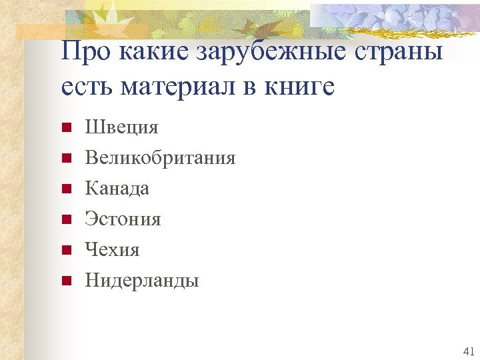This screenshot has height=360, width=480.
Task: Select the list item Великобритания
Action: pyautogui.click(x=160, y=158)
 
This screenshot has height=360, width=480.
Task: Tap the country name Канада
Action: pyautogui.click(x=117, y=189)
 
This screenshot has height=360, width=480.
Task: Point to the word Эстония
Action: pyautogui.click(x=123, y=219)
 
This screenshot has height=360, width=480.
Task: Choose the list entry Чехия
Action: pyautogui.click(x=112, y=250)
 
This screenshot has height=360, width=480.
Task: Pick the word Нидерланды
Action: pyautogui.click(x=142, y=281)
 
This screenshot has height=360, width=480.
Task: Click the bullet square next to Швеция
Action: pyautogui.click(x=65, y=127)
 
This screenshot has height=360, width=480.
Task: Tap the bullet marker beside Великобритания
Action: pyautogui.click(x=65, y=158)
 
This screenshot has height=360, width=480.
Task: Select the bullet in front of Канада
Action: pyautogui.click(x=65, y=189)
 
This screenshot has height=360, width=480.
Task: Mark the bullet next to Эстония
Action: pyautogui.click(x=65, y=219)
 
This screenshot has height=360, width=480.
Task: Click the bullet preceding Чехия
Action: pyautogui.click(x=65, y=250)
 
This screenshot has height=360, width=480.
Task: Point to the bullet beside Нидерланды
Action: pyautogui.click(x=65, y=281)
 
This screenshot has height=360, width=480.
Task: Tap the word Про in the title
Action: pyautogui.click(x=87, y=51)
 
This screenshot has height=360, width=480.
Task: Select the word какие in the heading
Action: pyautogui.click(x=157, y=52)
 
